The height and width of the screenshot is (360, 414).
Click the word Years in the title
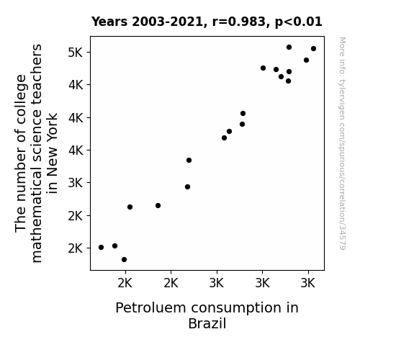109,22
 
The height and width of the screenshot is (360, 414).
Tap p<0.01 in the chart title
298,22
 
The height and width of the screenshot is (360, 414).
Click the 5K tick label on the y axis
76,53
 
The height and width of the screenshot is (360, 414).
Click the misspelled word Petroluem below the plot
150,308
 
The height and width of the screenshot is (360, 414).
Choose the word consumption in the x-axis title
236,308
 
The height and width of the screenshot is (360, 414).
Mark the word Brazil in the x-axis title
207,323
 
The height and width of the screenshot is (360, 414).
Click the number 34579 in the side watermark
342,237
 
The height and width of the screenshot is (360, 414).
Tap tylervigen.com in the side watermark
342,103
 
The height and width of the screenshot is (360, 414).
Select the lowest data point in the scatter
124,260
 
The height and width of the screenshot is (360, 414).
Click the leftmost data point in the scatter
101,247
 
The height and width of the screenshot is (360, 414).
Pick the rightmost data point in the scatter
313,48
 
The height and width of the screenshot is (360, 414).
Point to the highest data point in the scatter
289,48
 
